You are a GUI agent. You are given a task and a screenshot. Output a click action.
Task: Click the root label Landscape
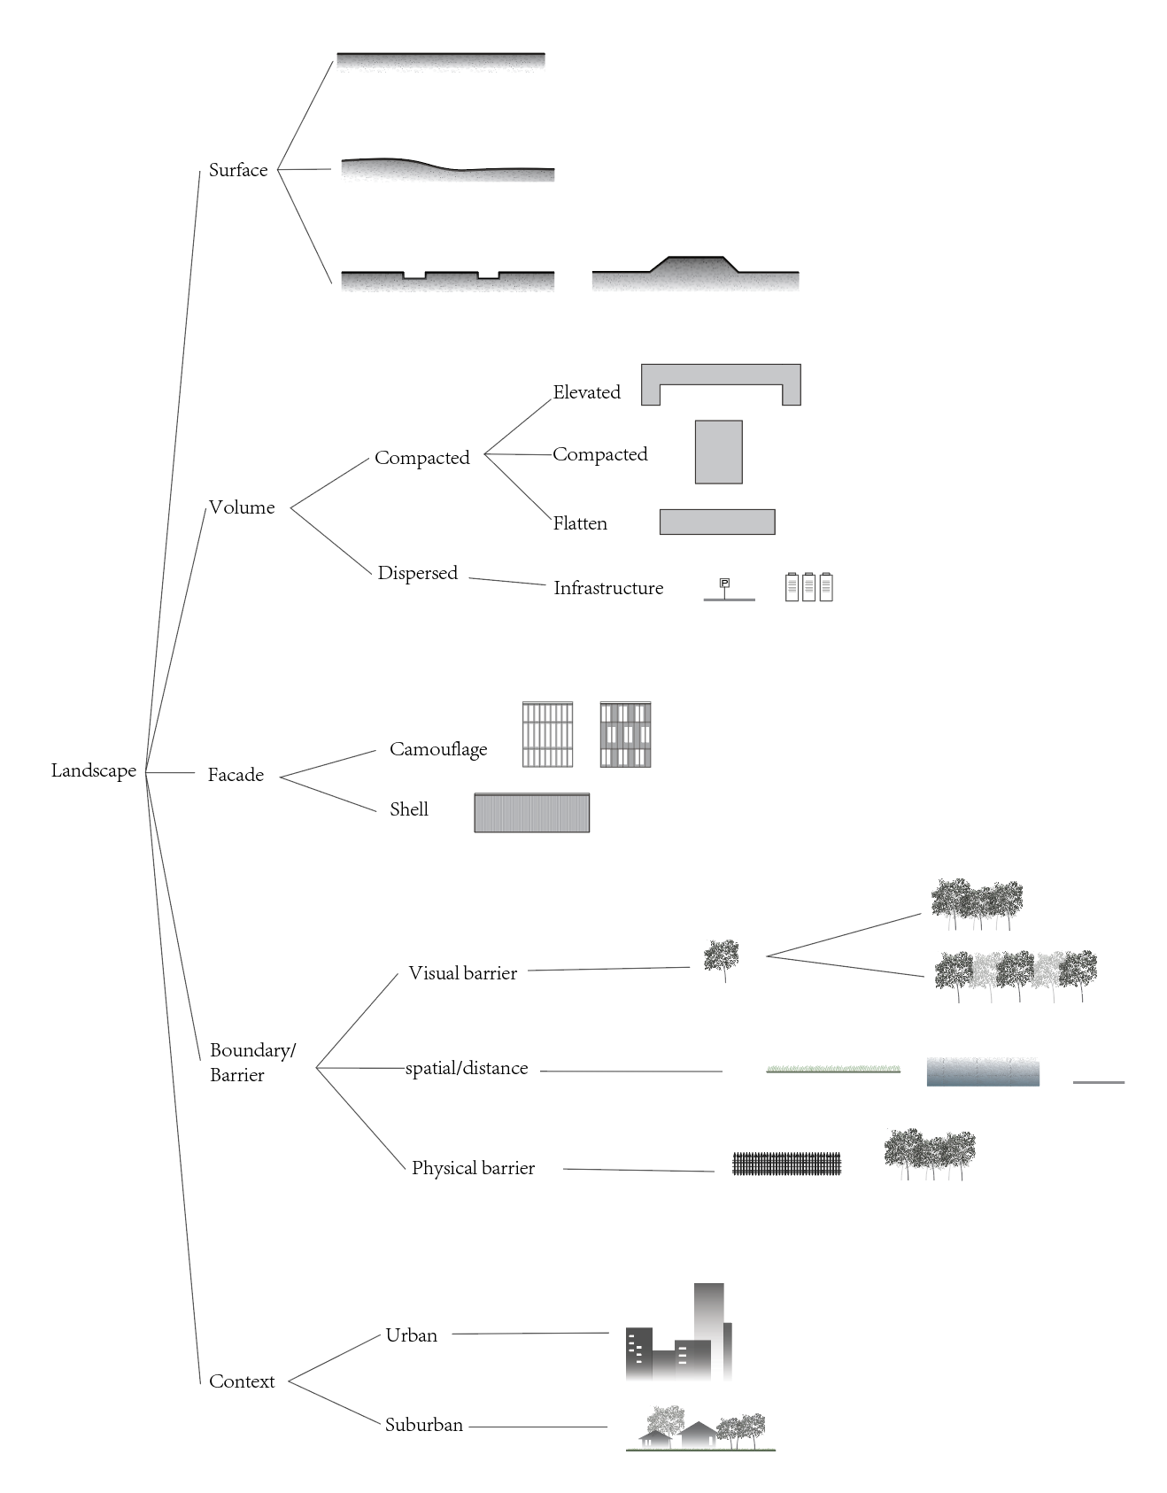pos(94,770)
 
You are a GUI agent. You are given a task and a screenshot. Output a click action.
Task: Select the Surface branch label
pos(238,170)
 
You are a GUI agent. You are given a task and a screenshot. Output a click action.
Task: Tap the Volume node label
pos(242,507)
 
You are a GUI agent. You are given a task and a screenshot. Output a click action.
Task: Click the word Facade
pos(236,775)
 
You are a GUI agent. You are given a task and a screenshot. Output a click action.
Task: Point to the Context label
pos(242,1381)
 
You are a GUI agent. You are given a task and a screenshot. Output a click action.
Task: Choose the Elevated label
pos(586,392)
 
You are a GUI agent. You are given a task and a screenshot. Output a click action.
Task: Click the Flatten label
pos(580,523)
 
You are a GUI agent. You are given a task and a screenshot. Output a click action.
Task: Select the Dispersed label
pos(417,573)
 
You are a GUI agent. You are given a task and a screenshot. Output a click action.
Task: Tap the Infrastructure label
pos(608,588)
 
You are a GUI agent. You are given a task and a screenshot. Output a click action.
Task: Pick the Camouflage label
pos(438,749)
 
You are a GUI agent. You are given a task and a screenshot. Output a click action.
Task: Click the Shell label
pos(409,809)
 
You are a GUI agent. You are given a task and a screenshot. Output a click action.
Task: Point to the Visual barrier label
pos(462,973)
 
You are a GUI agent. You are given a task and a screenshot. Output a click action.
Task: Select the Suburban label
pos(423,1425)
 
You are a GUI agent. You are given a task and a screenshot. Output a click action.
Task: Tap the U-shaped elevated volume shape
pos(721,375)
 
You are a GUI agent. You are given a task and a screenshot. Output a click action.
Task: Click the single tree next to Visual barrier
pos(722,958)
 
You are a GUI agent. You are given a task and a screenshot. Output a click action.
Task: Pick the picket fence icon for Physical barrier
pos(786,1164)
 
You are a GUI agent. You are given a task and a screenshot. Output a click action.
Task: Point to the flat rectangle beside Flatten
pos(717,522)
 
